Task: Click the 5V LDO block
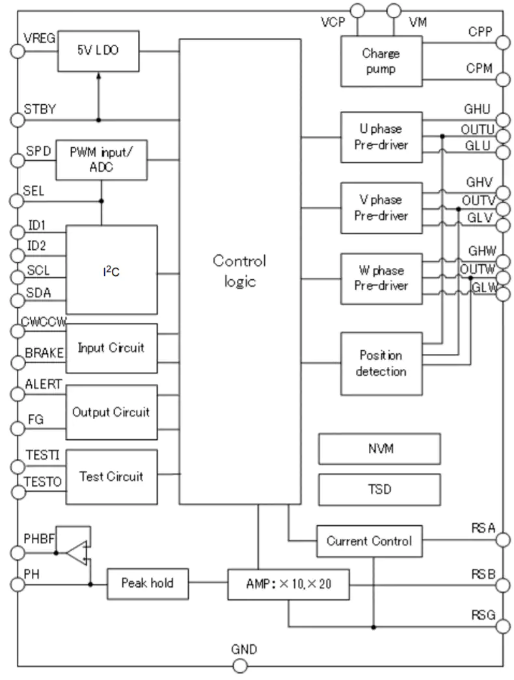click(x=98, y=51)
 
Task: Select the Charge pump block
click(x=381, y=61)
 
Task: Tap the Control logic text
click(x=240, y=271)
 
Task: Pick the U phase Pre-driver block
click(x=381, y=137)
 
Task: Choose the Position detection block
click(x=381, y=363)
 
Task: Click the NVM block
click(x=379, y=448)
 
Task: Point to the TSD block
click(x=379, y=489)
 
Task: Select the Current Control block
click(x=370, y=541)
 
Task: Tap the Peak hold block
click(x=148, y=584)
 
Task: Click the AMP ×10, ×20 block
click(x=288, y=584)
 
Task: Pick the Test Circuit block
click(x=111, y=476)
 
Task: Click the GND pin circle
click(x=240, y=666)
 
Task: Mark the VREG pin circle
click(x=18, y=51)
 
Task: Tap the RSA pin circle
click(x=503, y=540)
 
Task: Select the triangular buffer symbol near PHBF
click(x=77, y=553)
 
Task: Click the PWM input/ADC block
click(x=101, y=159)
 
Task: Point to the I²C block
click(x=111, y=269)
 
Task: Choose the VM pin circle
click(x=394, y=10)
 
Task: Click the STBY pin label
click(x=40, y=109)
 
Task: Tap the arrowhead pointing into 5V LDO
click(x=98, y=76)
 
